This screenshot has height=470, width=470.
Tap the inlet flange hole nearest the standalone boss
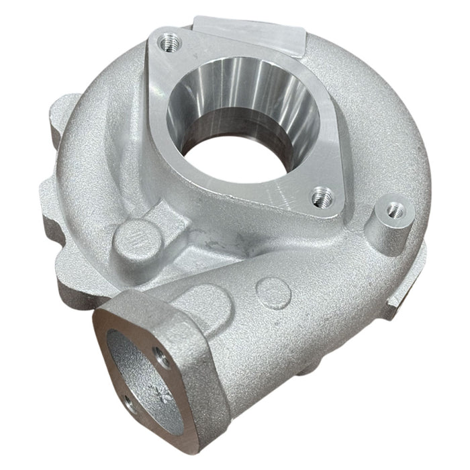click(320, 196)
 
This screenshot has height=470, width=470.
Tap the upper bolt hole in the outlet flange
click(158, 355)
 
